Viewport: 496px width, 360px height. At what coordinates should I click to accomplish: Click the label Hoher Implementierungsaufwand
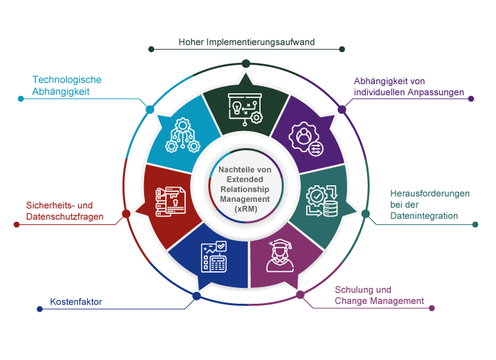tap(246, 42)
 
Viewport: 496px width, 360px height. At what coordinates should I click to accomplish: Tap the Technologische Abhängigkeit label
tap(67, 85)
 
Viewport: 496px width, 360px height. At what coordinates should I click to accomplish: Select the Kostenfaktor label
tap(76, 303)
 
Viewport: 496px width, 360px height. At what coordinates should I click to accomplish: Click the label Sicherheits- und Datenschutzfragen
tap(65, 211)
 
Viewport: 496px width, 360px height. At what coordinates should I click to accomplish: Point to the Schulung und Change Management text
tap(379, 295)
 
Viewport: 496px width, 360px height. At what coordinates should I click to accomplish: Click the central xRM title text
tap(245, 189)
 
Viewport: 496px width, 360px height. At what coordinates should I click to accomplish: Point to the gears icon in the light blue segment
tap(182, 135)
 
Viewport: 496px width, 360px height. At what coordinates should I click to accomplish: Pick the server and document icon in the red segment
tap(170, 202)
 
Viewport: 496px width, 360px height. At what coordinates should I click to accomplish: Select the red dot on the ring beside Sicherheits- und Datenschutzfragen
tap(126, 214)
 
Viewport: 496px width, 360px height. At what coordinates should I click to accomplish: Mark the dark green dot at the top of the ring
tap(246, 63)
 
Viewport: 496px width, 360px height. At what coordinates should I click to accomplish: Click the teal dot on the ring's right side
tap(366, 213)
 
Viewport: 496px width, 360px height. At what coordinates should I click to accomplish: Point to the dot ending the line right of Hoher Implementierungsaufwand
tap(342, 49)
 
